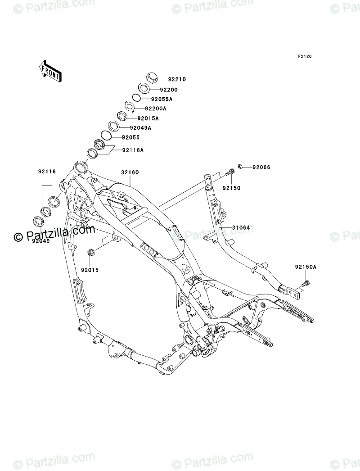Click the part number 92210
[177, 80]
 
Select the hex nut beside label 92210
[153, 77]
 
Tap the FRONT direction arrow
[50, 72]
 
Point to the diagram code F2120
[305, 56]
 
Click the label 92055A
[162, 99]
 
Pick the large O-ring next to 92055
[106, 135]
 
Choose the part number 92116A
[133, 150]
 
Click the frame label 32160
[130, 173]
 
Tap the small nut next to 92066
[240, 166]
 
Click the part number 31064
[241, 228]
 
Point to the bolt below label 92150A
[306, 283]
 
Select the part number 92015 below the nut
[90, 270]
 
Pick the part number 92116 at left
[47, 172]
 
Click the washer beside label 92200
[144, 88]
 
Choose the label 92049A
[140, 128]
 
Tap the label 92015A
[148, 119]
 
